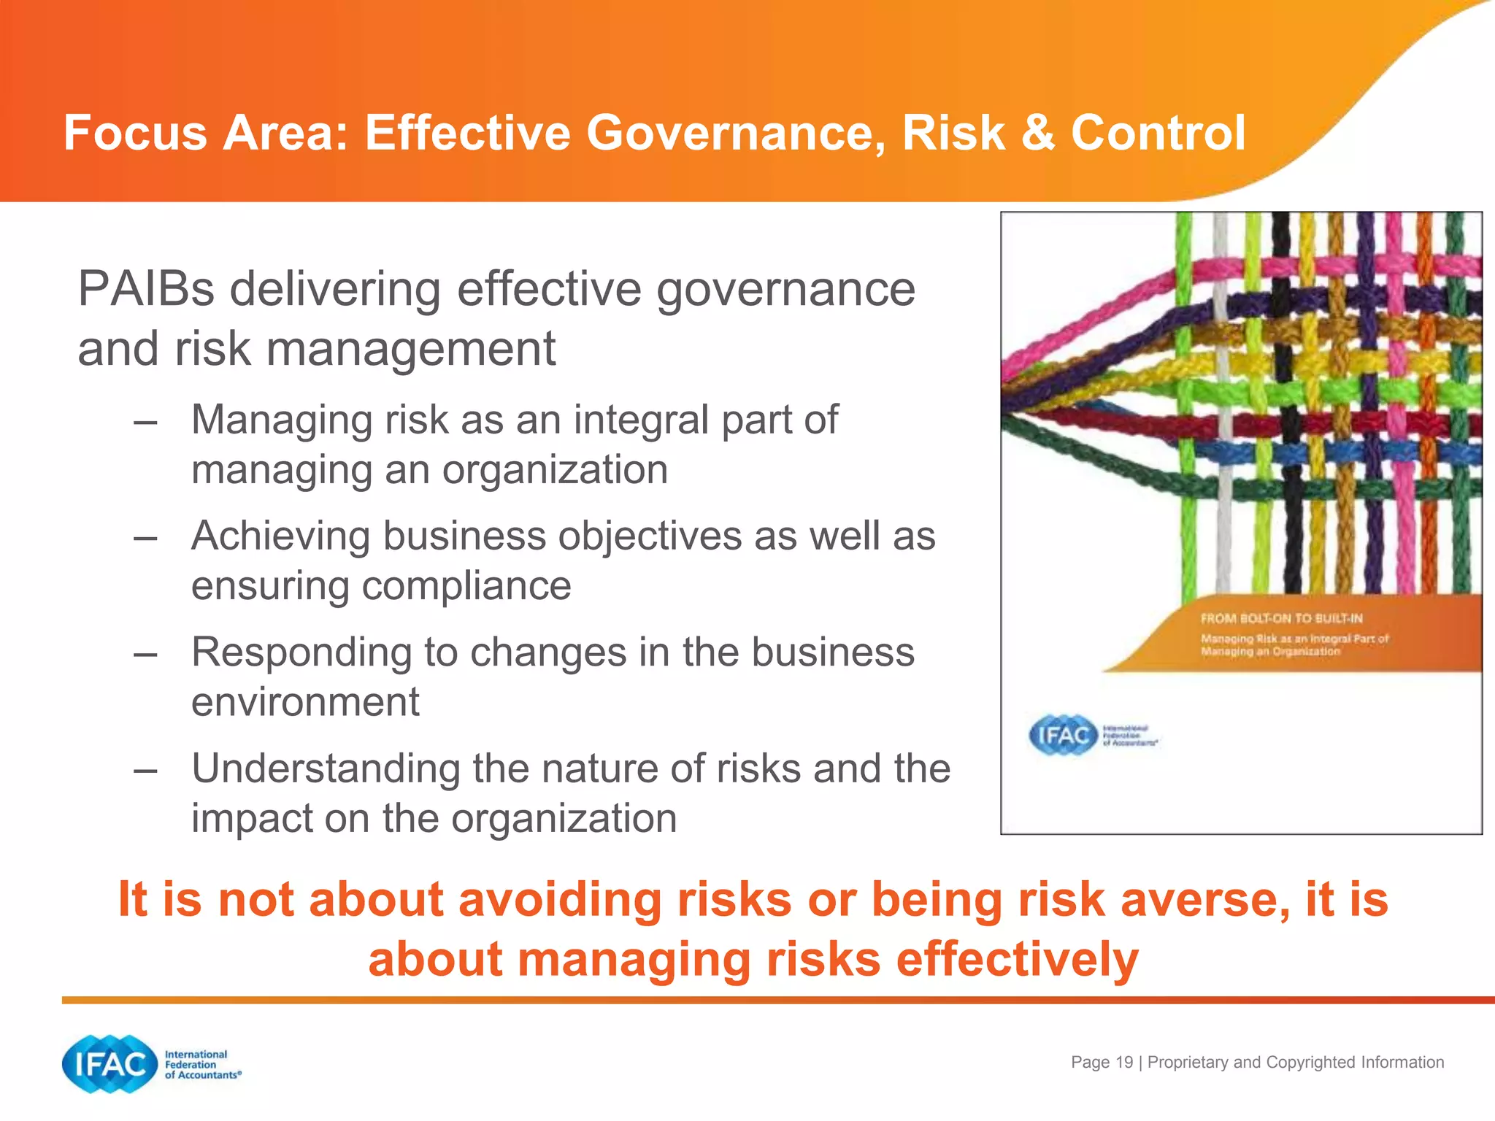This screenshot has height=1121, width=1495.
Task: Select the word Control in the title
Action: click(1158, 133)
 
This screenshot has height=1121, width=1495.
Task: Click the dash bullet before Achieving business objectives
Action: click(146, 537)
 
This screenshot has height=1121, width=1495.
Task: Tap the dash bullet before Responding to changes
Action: click(146, 654)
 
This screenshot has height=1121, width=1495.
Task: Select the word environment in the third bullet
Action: click(305, 702)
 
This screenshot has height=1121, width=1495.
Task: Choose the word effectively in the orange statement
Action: click(1017, 959)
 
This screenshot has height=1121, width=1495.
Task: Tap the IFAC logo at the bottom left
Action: click(110, 1064)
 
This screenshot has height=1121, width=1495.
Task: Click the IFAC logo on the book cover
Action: click(1063, 735)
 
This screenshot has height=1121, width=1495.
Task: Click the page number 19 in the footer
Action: click(1125, 1063)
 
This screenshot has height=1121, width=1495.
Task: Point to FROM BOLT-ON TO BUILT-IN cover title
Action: click(1282, 618)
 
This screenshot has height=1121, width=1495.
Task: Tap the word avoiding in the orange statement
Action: click(559, 899)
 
